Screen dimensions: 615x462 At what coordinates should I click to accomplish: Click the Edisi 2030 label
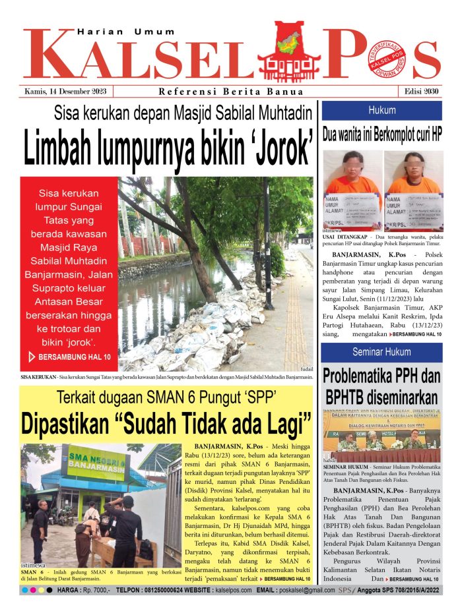point(421,92)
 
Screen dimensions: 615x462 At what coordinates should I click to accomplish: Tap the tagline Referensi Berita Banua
point(231,92)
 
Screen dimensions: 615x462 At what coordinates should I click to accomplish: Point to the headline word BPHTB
point(350,398)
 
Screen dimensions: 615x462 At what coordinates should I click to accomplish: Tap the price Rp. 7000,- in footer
point(89,591)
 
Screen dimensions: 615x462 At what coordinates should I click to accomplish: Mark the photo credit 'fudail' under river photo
point(306,370)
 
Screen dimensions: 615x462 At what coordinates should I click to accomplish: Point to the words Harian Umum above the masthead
point(125,31)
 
